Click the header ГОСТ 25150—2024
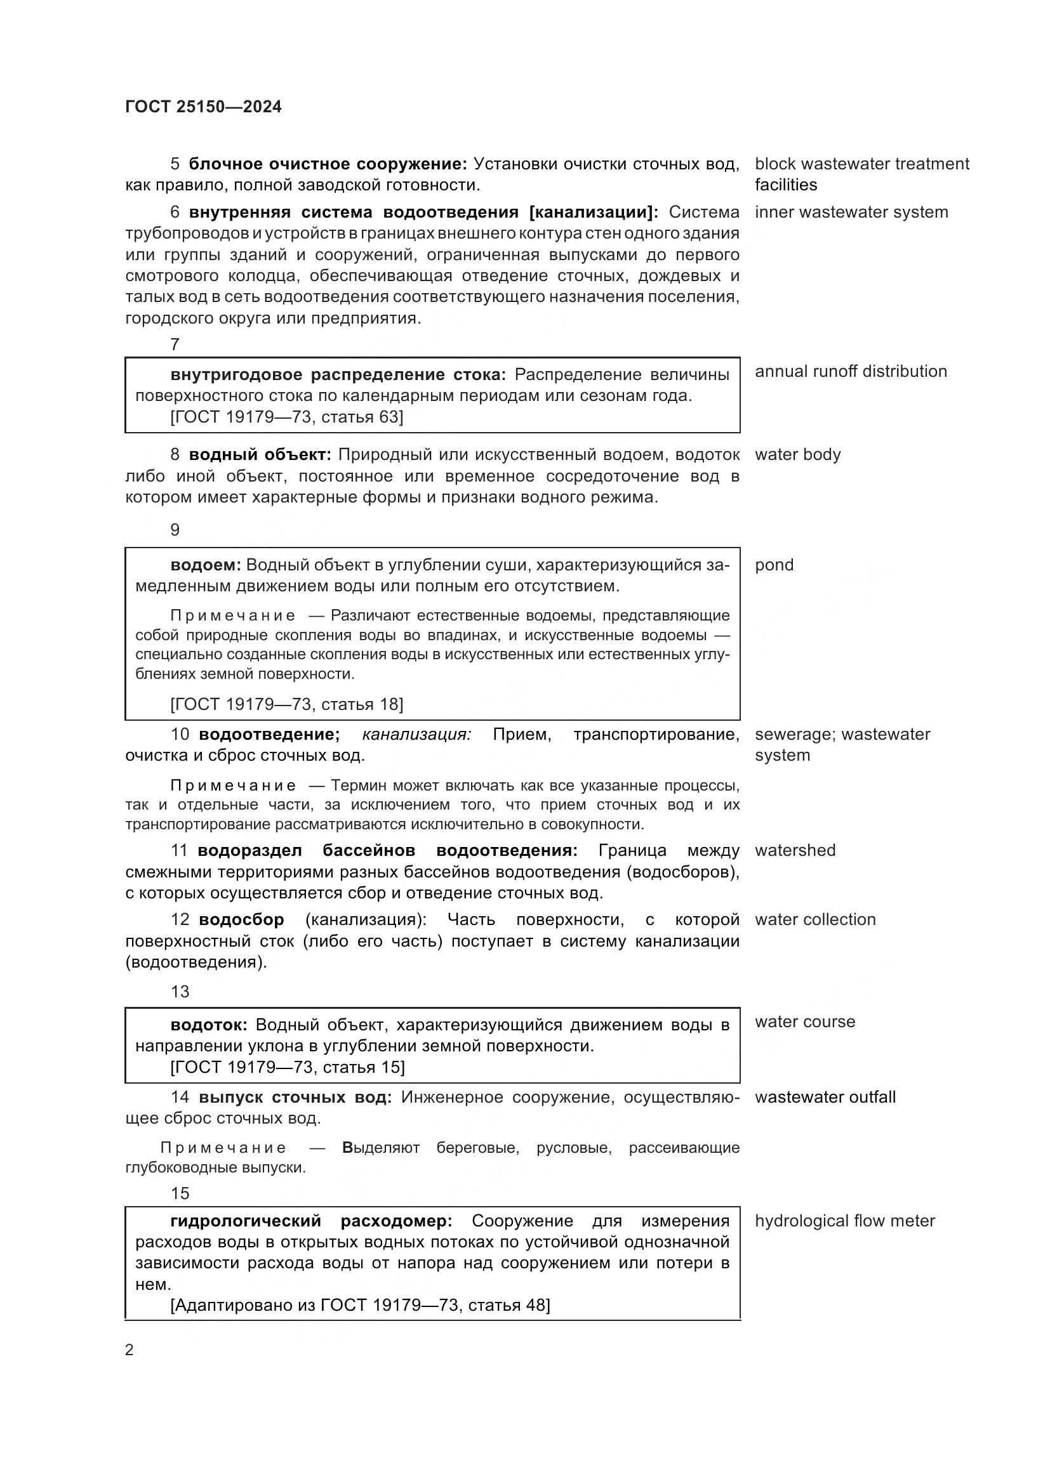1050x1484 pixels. [203, 107]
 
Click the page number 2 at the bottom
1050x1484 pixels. [130, 1349]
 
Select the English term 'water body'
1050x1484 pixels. [797, 454]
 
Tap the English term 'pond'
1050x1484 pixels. [774, 565]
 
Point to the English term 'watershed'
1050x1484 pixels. [795, 850]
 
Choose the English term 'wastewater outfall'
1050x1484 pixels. [825, 1097]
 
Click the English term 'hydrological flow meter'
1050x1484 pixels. [844, 1221]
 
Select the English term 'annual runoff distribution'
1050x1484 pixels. [850, 372]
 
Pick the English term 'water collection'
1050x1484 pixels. [814, 919]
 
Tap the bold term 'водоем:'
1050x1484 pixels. [205, 565]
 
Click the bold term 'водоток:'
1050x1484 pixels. [208, 1025]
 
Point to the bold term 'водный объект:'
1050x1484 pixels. [259, 455]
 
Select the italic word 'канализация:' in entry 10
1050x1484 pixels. [416, 734]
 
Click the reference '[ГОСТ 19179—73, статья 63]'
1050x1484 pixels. [286, 417]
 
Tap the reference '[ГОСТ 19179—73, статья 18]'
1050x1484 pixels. [286, 704]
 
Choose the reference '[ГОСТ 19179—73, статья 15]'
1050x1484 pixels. [287, 1067]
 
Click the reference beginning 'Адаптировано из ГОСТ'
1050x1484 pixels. [359, 1305]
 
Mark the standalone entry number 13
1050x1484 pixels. [180, 992]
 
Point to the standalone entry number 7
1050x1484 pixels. [175, 345]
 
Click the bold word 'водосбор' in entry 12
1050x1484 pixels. [241, 920]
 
